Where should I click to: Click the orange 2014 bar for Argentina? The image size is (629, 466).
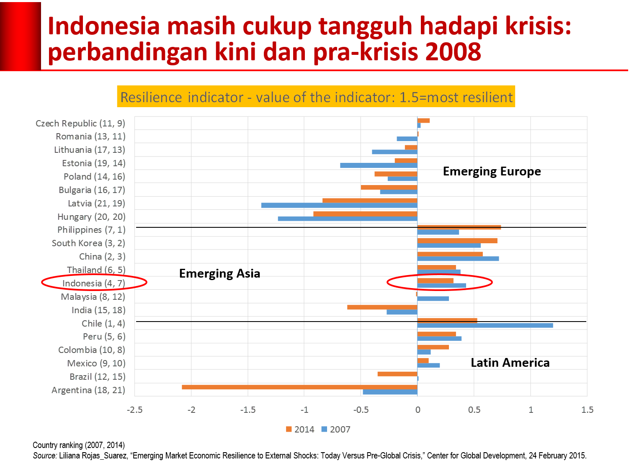point(299,387)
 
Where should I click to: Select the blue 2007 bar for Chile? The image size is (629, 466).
point(485,325)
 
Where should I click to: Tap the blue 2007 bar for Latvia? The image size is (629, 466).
point(339,206)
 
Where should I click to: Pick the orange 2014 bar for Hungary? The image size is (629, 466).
point(365,214)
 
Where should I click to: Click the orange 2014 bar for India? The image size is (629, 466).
point(382,307)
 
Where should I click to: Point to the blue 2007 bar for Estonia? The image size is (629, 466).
point(379,165)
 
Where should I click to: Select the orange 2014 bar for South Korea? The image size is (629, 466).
point(457,241)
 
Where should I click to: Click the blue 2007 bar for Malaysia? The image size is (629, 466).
point(433,299)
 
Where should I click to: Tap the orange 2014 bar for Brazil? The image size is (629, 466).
point(397,374)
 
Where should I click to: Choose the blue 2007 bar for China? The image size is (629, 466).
point(458,259)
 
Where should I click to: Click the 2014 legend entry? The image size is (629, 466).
point(300,429)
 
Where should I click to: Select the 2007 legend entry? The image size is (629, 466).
point(335,429)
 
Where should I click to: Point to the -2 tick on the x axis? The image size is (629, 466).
point(191,410)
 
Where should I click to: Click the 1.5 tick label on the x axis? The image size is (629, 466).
point(587,410)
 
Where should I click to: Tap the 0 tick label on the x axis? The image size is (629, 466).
point(418,410)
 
